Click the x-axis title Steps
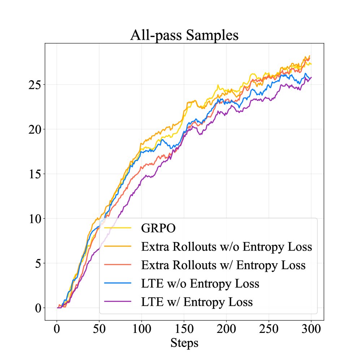tap(184, 342)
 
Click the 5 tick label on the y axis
tap(38, 263)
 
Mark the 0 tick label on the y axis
tap(38, 308)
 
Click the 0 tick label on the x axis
tap(57, 329)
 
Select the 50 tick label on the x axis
tap(99, 329)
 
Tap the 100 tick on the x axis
tap(142, 329)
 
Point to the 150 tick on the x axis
tap(184, 329)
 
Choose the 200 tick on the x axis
tap(226, 329)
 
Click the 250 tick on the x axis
tap(268, 329)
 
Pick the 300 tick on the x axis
tap(311, 329)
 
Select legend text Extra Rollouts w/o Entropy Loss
tap(226, 247)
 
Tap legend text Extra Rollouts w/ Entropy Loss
tap(224, 265)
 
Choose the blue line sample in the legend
tap(117, 283)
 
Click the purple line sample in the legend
tap(117, 302)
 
